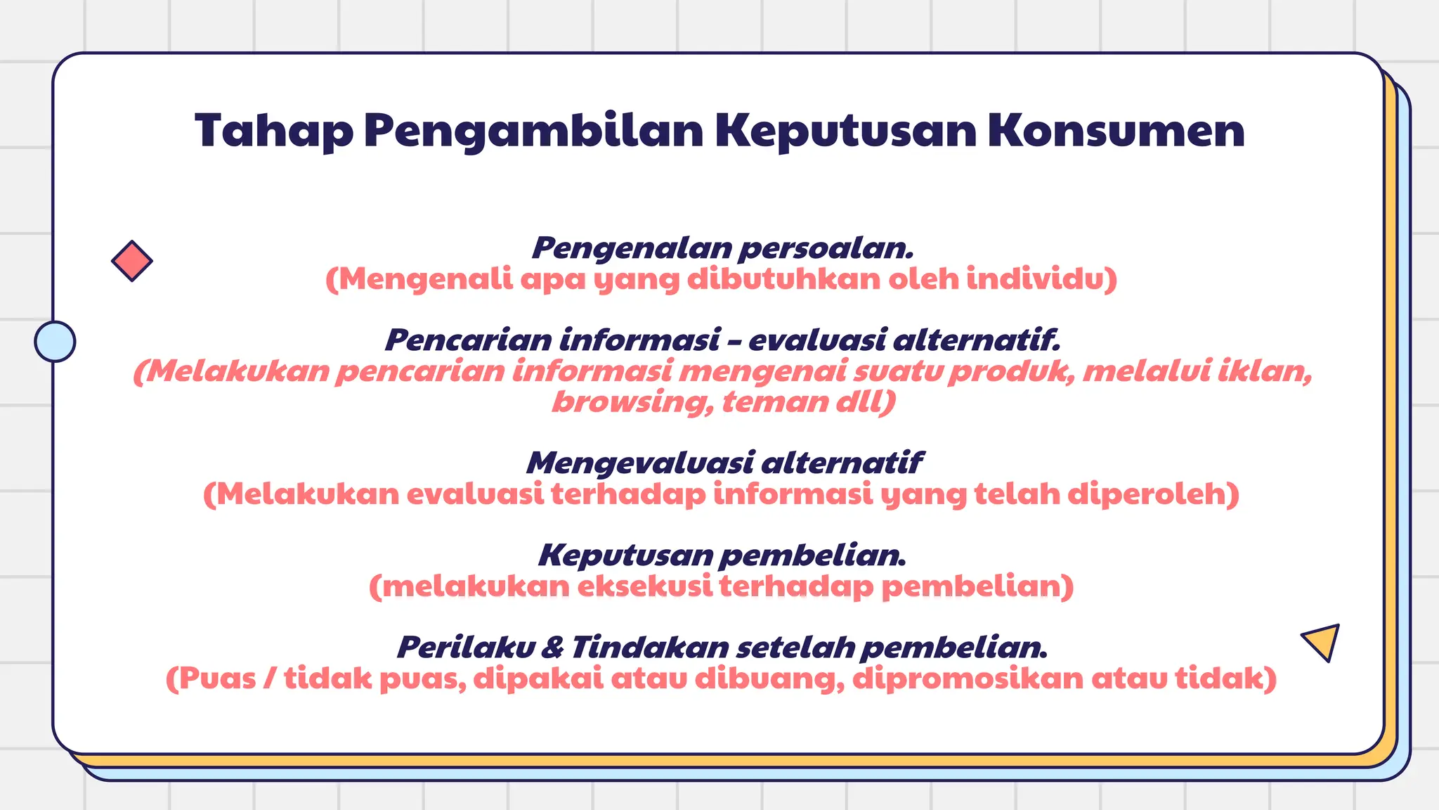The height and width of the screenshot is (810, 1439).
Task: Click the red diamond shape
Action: point(132,261)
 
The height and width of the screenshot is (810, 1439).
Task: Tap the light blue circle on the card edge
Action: point(55,342)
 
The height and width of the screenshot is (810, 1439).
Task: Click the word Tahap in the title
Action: point(274,131)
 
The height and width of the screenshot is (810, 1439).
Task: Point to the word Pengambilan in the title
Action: point(533,131)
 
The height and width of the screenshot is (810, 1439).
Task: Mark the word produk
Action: point(1012,371)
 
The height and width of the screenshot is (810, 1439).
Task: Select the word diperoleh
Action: point(1153,494)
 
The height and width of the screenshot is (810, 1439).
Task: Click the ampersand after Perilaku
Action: point(552,647)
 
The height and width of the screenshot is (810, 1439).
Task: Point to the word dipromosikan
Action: point(967,679)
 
